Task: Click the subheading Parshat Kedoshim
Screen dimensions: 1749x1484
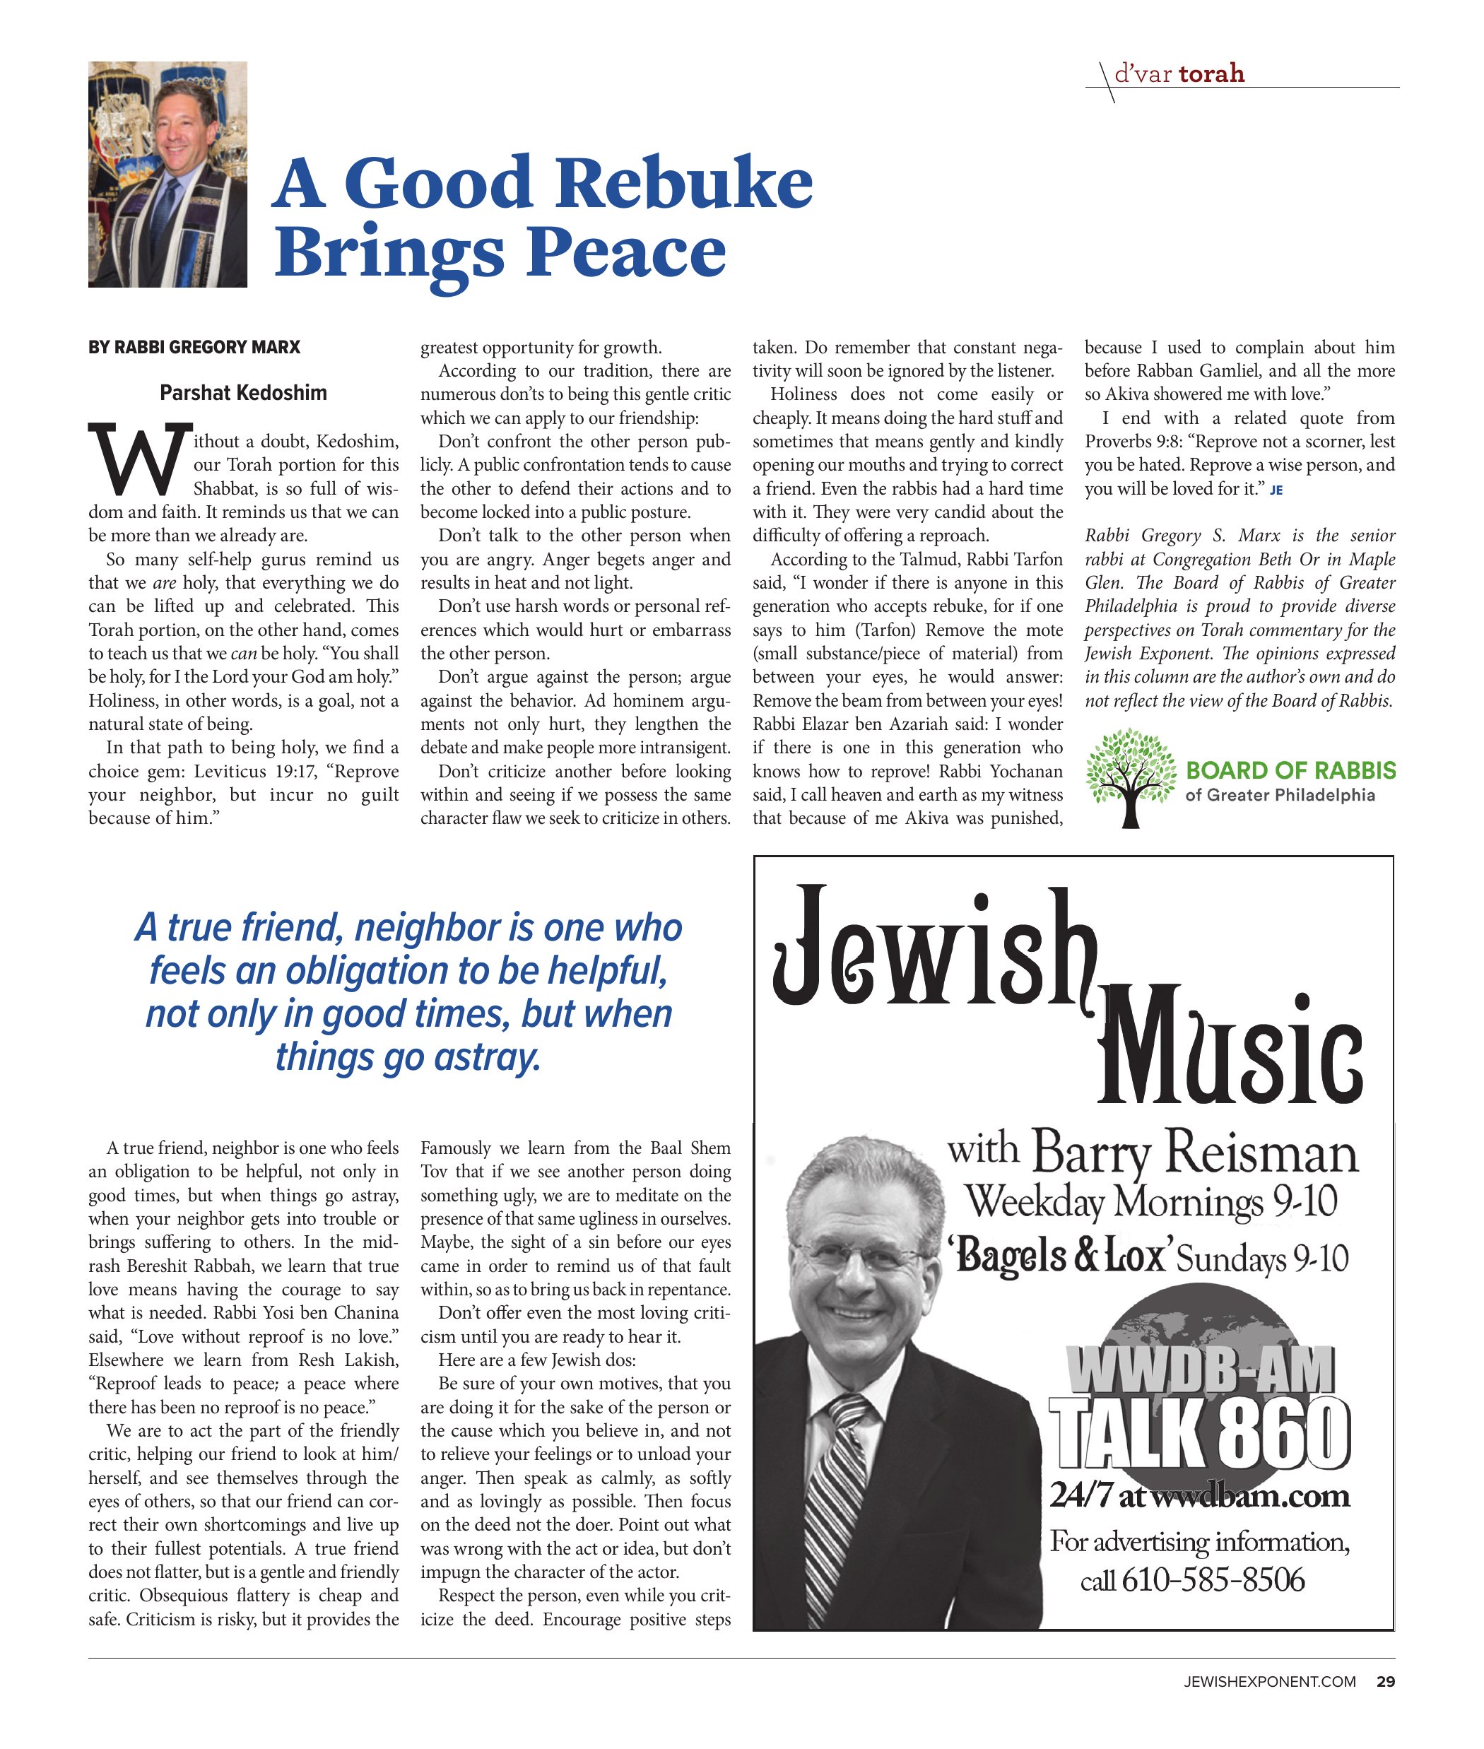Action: pos(243,393)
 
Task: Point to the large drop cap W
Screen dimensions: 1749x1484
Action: pos(138,461)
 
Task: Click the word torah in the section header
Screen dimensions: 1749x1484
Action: pos(1211,74)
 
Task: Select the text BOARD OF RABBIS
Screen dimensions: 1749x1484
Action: pos(1290,770)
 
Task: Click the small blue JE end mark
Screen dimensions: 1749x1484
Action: pos(1276,490)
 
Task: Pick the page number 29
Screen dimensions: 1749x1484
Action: pos(1385,1682)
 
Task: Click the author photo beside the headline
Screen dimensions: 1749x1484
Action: pos(167,174)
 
